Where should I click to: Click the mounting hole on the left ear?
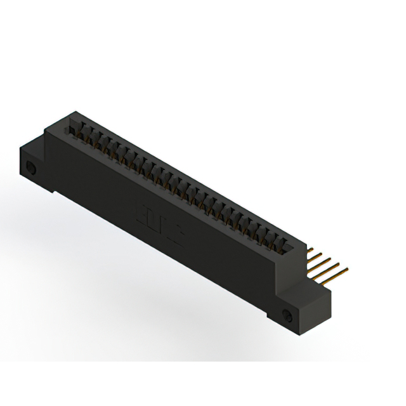[x=30, y=169]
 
